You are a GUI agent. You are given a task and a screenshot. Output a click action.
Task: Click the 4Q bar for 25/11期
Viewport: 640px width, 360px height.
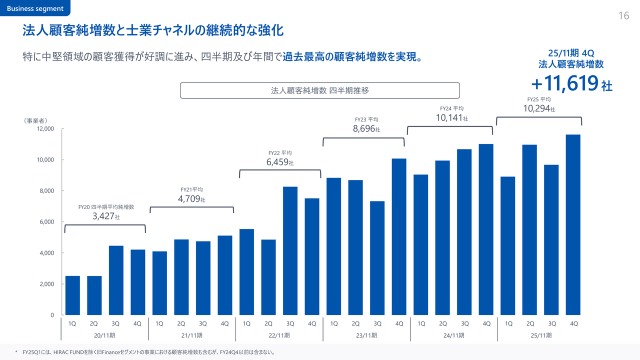[x=573, y=225]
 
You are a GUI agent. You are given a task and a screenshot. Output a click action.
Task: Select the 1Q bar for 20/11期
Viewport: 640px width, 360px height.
[x=72, y=295]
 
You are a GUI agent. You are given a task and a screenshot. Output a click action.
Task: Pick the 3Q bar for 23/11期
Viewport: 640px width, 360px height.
[x=377, y=258]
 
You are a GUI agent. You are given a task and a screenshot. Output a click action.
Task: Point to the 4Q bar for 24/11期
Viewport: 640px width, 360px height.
[x=486, y=229]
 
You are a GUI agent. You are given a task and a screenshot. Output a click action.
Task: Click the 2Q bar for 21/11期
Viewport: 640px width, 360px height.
[x=181, y=277]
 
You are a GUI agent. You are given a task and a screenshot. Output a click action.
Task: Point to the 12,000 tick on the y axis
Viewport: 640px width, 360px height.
[x=46, y=129]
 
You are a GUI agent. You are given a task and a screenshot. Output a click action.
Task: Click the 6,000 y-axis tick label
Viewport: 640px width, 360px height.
[x=46, y=222]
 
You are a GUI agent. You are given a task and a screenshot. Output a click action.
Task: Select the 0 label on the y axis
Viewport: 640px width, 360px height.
[x=51, y=315]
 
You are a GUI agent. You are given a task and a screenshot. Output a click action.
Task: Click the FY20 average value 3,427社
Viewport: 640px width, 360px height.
[x=106, y=216]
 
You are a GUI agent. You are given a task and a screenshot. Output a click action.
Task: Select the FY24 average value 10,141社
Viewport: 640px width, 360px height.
[x=451, y=118]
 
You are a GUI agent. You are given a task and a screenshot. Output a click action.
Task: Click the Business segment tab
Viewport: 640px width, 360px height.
[x=35, y=8]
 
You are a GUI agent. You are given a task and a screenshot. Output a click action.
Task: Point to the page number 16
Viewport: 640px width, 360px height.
[x=623, y=16]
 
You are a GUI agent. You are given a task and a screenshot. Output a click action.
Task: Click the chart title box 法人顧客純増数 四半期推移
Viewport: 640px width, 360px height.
[x=319, y=90]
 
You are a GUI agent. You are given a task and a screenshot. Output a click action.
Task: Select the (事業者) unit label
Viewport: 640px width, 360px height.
[x=35, y=120]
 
